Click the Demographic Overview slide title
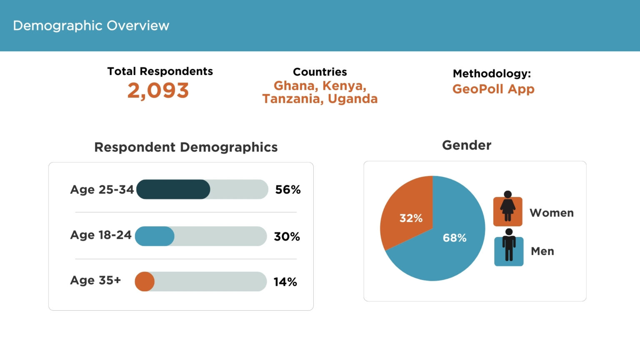pyautogui.click(x=91, y=26)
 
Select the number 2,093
pyautogui.click(x=158, y=91)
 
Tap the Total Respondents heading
pyautogui.click(x=160, y=71)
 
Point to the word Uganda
pyautogui.click(x=352, y=99)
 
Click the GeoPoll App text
pyautogui.click(x=493, y=89)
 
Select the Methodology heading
pyautogui.click(x=492, y=74)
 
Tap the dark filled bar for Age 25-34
pyautogui.click(x=173, y=190)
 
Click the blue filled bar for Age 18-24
pyautogui.click(x=155, y=236)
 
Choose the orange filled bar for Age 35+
pyautogui.click(x=145, y=282)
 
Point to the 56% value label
pyautogui.click(x=288, y=190)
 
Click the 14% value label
pyautogui.click(x=285, y=282)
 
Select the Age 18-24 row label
pyautogui.click(x=101, y=235)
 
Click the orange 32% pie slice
pyautogui.click(x=406, y=212)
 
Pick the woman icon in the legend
pyautogui.click(x=507, y=210)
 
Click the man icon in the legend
pyautogui.click(x=509, y=248)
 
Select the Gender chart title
pyautogui.click(x=467, y=145)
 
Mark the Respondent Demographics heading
pyautogui.click(x=186, y=147)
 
